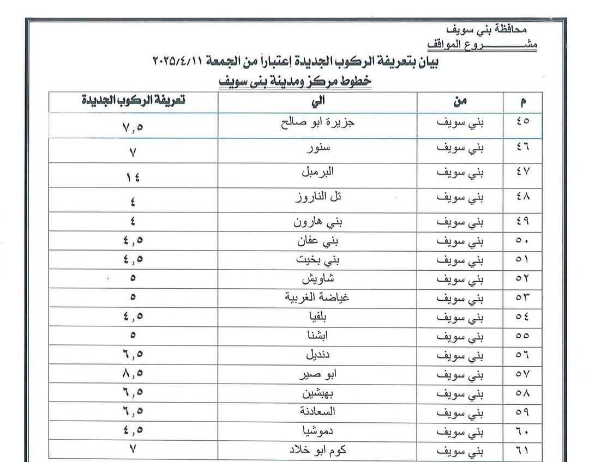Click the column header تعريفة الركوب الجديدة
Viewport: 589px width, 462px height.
[x=133, y=101]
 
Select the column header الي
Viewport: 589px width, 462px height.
[x=317, y=101]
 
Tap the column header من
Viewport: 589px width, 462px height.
[x=460, y=101]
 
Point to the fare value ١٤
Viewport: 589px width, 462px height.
[x=133, y=178]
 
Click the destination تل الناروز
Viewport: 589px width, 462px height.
[x=317, y=197]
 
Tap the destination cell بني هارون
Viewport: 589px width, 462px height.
[x=317, y=222]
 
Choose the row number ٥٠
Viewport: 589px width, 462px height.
[x=522, y=241]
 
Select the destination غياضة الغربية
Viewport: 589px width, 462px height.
[x=317, y=298]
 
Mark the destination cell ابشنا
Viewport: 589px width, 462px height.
[x=317, y=336]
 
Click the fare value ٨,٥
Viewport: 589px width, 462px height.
[x=133, y=374]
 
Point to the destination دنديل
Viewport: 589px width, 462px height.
[x=317, y=355]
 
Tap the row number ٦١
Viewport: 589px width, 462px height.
[x=522, y=451]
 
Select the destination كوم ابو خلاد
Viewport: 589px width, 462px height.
[x=317, y=451]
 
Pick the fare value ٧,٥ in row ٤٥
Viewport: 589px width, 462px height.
[x=133, y=127]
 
